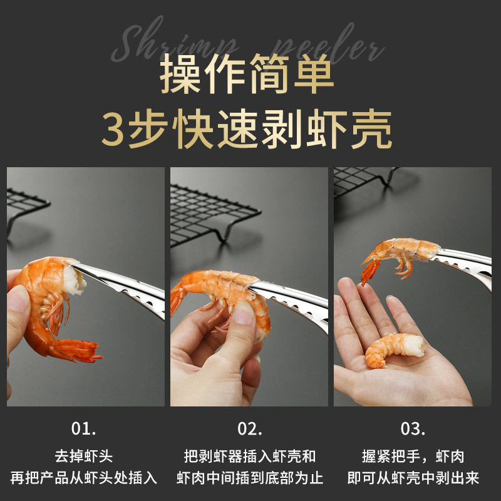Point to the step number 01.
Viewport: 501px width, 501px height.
click(84, 429)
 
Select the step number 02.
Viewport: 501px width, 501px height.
click(249, 429)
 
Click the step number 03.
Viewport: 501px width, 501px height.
click(413, 429)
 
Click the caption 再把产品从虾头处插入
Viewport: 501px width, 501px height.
click(84, 478)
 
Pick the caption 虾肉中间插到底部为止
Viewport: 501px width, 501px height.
click(249, 478)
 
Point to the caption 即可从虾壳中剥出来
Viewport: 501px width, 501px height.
click(413, 478)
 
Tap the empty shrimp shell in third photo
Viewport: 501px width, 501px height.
click(401, 254)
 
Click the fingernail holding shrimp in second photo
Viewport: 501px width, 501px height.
click(244, 313)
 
